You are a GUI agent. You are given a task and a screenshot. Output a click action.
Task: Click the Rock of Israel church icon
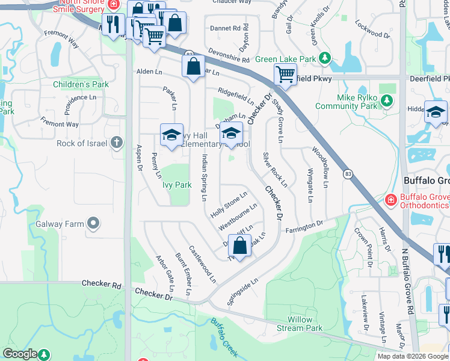(x=117, y=143)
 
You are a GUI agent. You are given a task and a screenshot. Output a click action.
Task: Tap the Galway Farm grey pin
(x=93, y=224)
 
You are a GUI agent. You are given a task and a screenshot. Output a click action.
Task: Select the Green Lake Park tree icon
(x=325, y=59)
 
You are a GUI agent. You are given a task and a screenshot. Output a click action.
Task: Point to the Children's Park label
(x=81, y=84)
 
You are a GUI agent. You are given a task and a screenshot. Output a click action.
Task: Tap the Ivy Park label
(x=177, y=185)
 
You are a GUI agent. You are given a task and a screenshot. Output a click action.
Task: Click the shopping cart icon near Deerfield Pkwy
(x=285, y=74)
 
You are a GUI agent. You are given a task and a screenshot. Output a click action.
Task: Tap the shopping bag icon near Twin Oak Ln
(x=239, y=245)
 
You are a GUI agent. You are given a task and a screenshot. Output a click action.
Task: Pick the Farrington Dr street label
(x=304, y=227)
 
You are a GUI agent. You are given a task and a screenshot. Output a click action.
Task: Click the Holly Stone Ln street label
(x=229, y=205)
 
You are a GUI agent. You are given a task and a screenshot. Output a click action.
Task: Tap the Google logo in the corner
(x=20, y=354)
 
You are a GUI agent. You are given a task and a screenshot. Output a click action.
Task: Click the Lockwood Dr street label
(x=368, y=26)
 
